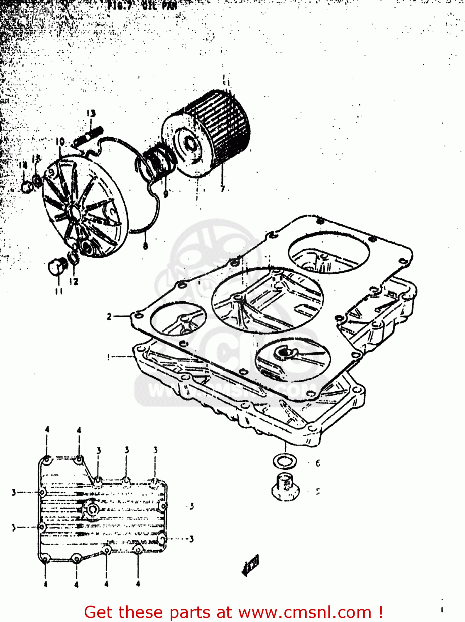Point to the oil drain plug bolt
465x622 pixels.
[285, 486]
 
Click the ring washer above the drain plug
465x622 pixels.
[285, 461]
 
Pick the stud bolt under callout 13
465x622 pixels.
[88, 136]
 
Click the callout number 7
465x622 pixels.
[223, 189]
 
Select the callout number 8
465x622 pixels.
[145, 245]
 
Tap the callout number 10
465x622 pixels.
[60, 141]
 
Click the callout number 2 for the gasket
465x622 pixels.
[109, 317]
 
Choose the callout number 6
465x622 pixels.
[318, 463]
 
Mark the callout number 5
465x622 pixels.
[318, 491]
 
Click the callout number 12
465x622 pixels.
[73, 282]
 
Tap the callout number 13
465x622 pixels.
[91, 113]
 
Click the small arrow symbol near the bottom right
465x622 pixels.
[251, 564]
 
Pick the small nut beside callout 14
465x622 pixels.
[27, 187]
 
